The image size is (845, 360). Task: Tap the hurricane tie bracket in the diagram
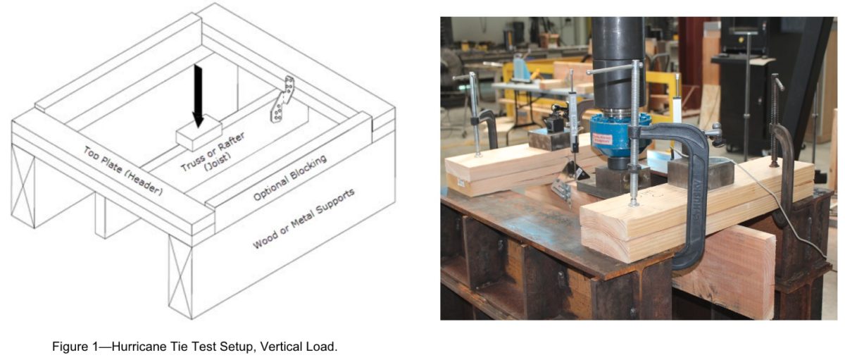click(284, 101)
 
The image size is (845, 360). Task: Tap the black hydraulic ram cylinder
click(618, 56)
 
